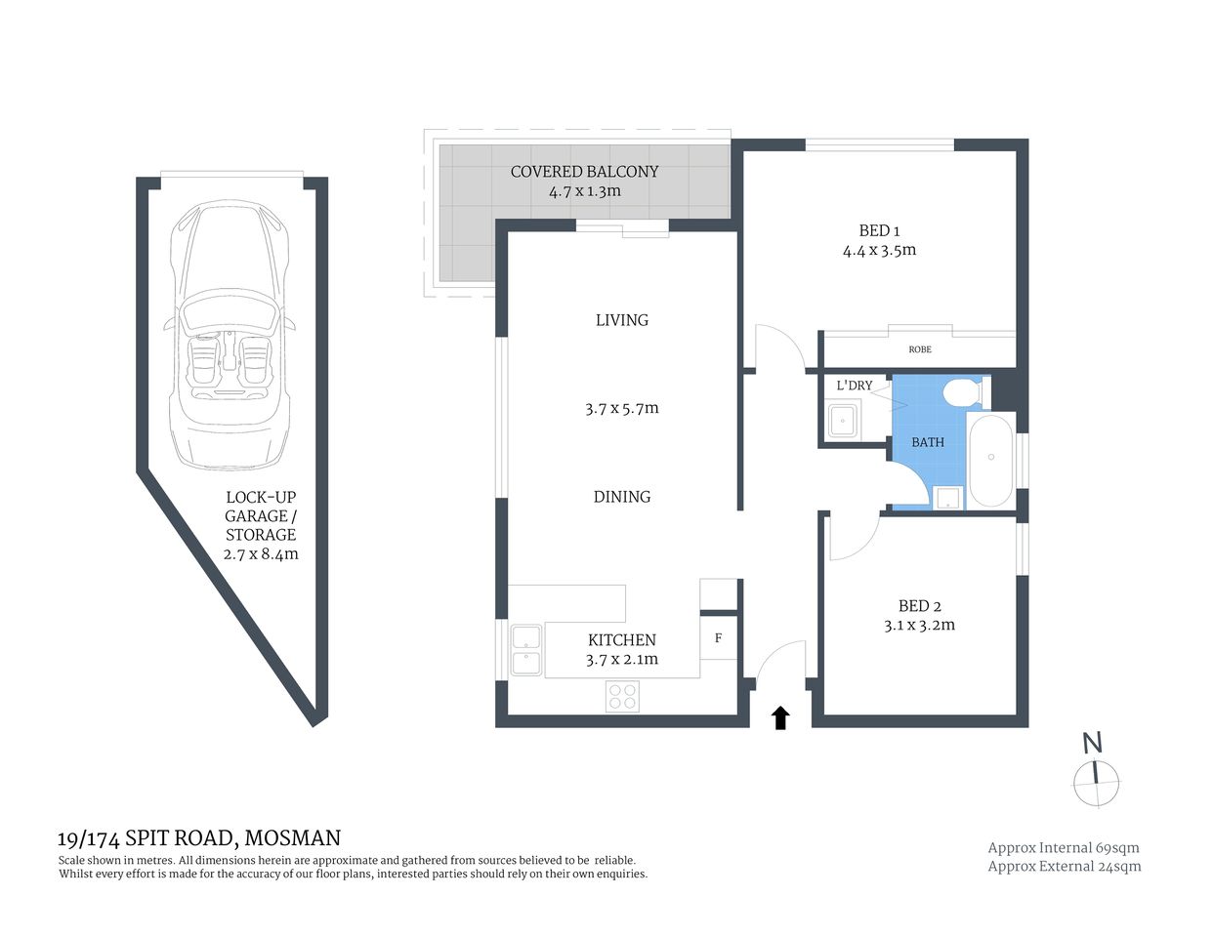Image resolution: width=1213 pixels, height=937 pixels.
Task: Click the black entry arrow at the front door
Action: pos(780,718)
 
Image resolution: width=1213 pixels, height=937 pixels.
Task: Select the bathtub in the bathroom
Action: pos(990,459)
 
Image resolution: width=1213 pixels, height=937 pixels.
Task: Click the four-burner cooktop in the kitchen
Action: pos(623,697)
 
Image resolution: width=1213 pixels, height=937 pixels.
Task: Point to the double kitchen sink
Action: pos(526,651)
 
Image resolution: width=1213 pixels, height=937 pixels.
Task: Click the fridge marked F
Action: pos(719,638)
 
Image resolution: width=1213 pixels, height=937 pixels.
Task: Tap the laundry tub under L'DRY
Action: pos(841,422)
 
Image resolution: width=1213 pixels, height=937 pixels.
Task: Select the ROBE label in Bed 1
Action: pos(919,349)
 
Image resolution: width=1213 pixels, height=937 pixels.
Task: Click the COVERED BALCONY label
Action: pos(584,172)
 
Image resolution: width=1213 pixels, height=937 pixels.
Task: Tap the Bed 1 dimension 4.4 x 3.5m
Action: pos(879,250)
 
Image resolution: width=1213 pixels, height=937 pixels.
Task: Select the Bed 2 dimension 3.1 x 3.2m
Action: pos(919,625)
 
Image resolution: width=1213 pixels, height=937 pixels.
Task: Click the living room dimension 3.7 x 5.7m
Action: pos(622,409)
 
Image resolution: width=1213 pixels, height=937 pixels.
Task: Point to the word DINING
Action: pos(622,497)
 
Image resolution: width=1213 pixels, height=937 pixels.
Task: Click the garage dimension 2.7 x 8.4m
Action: pos(261,554)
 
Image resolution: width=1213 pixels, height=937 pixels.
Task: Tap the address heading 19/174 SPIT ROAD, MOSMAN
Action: pos(199,838)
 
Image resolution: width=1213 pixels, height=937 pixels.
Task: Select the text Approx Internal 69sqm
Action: pos(1064,848)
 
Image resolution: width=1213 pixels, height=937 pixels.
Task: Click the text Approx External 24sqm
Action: pos(1064,866)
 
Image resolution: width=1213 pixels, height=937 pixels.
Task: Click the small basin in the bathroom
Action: pos(947,499)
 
